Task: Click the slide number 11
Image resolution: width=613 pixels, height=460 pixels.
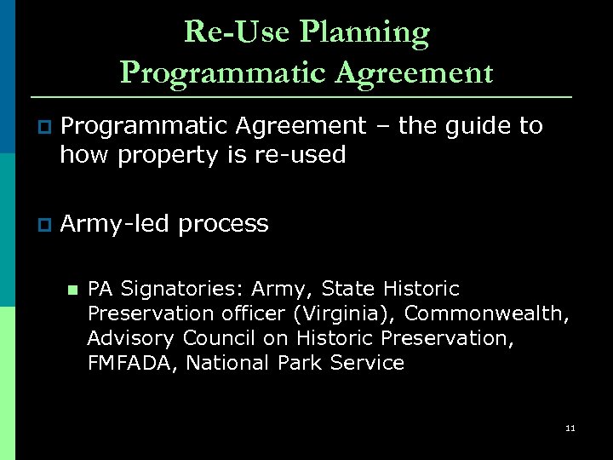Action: (x=570, y=428)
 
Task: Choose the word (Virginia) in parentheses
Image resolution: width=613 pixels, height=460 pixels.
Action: (x=334, y=313)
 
